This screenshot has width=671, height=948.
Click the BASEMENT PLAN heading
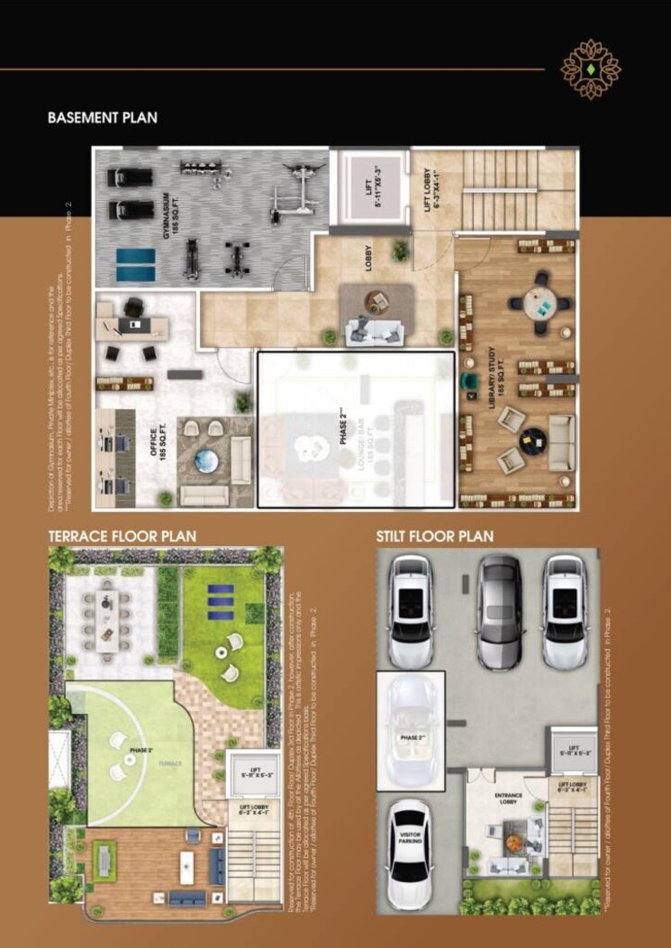click(103, 117)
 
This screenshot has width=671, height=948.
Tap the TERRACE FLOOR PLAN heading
click(122, 536)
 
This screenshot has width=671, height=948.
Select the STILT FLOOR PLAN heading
click(435, 536)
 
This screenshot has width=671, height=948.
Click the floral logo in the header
click(591, 68)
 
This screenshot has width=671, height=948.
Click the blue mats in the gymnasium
click(135, 264)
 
